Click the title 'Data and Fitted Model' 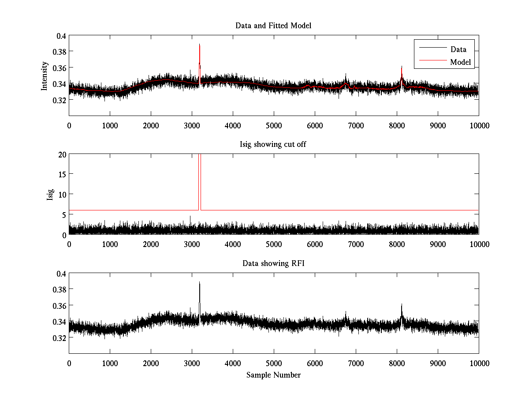coord(273,26)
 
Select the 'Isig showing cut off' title coord(273,145)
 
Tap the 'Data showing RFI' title coord(273,263)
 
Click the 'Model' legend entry coord(461,62)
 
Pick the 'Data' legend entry coord(458,49)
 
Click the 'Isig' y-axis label coord(50,195)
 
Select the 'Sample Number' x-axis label coord(273,375)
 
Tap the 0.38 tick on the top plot coord(59,52)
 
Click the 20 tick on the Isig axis coord(62,154)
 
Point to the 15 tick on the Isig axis coord(62,174)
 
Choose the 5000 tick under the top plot coord(274,125)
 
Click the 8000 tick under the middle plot coord(397,244)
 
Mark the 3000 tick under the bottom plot coord(192,363)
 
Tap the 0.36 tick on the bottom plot coord(59,305)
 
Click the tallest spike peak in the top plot coord(199,45)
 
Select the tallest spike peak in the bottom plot coord(199,282)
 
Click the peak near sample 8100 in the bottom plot coord(402,304)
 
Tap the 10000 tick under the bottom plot coord(479,363)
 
